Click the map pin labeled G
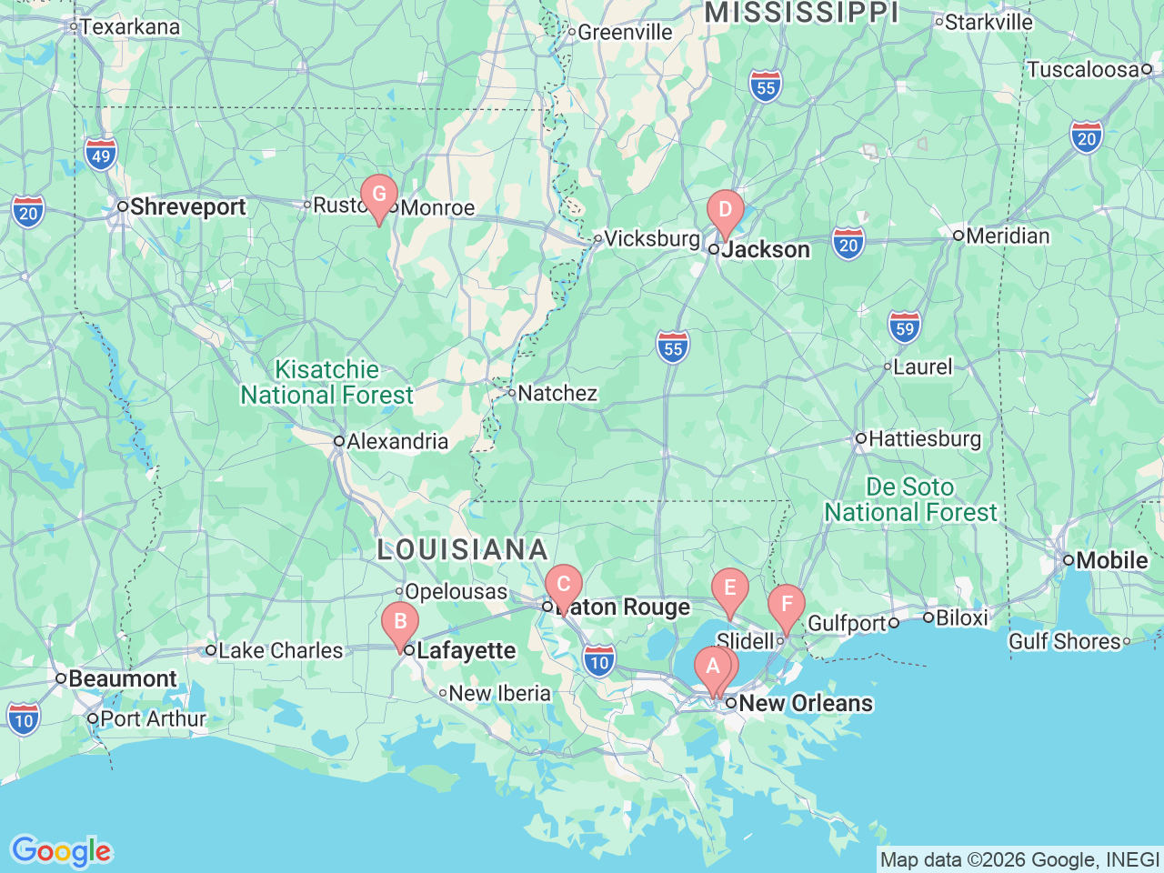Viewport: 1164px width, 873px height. (x=379, y=195)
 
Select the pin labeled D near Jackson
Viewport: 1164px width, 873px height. (x=725, y=210)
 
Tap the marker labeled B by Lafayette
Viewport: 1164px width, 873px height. (x=399, y=622)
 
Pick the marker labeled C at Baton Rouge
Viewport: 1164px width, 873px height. (x=563, y=585)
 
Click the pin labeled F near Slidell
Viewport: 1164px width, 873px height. (x=786, y=605)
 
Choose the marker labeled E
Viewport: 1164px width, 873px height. (x=729, y=588)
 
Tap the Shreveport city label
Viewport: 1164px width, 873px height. (x=187, y=207)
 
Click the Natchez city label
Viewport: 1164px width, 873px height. (x=557, y=394)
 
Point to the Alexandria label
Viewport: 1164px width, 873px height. (x=397, y=442)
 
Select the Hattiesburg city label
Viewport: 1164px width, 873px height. (x=925, y=439)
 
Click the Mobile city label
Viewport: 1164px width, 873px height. (x=1111, y=560)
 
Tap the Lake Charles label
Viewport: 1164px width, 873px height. (x=280, y=651)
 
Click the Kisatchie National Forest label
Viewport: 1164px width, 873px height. (x=327, y=383)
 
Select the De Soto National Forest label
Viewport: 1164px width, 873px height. (x=910, y=500)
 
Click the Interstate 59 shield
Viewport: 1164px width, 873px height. (x=904, y=327)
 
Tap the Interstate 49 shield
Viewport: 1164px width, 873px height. (x=101, y=155)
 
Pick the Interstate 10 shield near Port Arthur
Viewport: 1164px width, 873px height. (x=24, y=719)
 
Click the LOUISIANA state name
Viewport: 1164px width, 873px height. (x=462, y=550)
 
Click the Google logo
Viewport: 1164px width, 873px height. (x=61, y=851)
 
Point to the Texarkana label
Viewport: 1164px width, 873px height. (x=129, y=27)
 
